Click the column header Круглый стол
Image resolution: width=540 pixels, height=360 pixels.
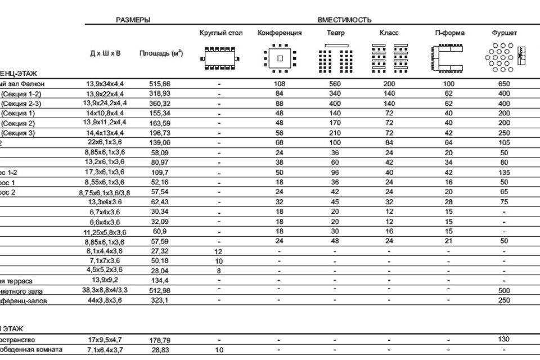pyautogui.click(x=220, y=33)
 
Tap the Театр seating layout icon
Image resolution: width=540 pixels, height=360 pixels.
pyautogui.click(x=336, y=58)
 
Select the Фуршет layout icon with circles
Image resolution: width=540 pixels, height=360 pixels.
pyautogui.click(x=498, y=58)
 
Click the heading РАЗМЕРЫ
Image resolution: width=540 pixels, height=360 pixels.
pyautogui.click(x=133, y=20)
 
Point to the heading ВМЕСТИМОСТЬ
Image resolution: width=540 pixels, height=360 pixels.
pyautogui.click(x=344, y=20)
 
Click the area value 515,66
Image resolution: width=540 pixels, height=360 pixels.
pyautogui.click(x=160, y=84)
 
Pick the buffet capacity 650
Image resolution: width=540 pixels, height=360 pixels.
pyautogui.click(x=504, y=84)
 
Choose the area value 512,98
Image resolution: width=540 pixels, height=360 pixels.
pyautogui.click(x=160, y=291)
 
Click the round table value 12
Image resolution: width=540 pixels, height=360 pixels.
pyautogui.click(x=219, y=251)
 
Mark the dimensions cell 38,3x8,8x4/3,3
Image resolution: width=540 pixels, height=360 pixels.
pyautogui.click(x=105, y=291)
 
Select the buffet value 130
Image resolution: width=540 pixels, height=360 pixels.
pyautogui.click(x=504, y=339)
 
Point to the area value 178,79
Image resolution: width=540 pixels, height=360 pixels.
pyautogui.click(x=160, y=340)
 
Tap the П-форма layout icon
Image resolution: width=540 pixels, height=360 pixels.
pyautogui.click(x=449, y=58)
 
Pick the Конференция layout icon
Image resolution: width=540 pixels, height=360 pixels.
pyautogui.click(x=279, y=58)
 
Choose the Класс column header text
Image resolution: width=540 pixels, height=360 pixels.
pyautogui.click(x=389, y=33)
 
